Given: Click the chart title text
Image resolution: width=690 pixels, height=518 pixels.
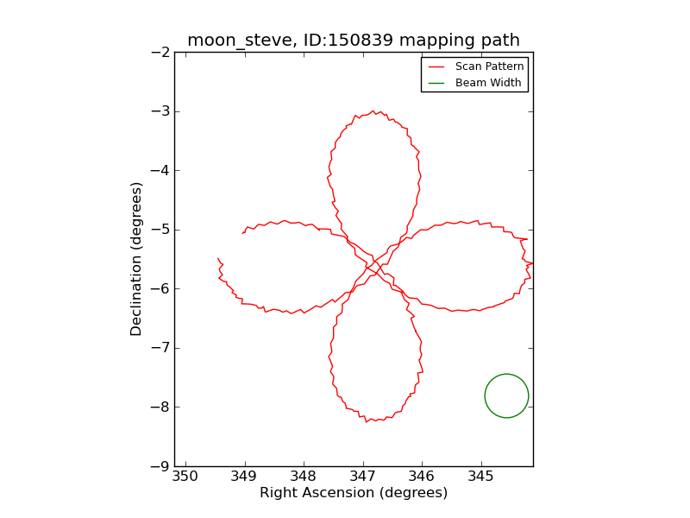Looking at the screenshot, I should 354,40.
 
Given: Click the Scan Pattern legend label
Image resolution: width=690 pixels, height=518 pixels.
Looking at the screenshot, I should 488,66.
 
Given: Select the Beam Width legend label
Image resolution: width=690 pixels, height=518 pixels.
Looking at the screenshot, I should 488,83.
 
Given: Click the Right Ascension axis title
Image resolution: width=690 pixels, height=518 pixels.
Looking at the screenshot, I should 354,493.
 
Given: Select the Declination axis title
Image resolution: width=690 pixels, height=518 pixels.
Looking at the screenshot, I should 136,259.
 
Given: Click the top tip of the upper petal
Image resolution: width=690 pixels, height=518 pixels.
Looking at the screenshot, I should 373,111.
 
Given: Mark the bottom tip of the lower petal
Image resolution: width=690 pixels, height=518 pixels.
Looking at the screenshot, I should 367,421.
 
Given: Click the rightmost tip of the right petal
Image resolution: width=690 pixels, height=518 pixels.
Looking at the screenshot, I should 531,262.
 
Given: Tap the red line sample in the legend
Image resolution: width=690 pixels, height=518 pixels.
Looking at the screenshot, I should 436,66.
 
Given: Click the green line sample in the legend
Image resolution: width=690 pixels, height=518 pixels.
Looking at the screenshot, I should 436,83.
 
